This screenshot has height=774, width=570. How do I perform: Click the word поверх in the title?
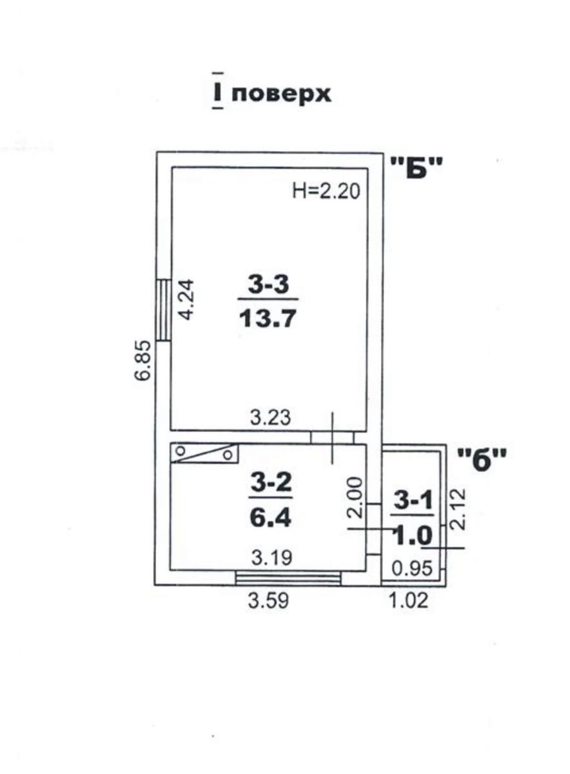(x=281, y=94)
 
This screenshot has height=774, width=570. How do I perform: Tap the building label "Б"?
(x=417, y=167)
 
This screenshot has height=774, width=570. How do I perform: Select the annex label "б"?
(x=482, y=459)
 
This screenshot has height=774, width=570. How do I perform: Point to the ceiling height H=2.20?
(x=326, y=191)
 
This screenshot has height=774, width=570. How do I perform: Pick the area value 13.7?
(x=268, y=318)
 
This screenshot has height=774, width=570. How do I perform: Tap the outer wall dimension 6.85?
(x=142, y=361)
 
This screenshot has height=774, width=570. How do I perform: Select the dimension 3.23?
(x=270, y=417)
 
